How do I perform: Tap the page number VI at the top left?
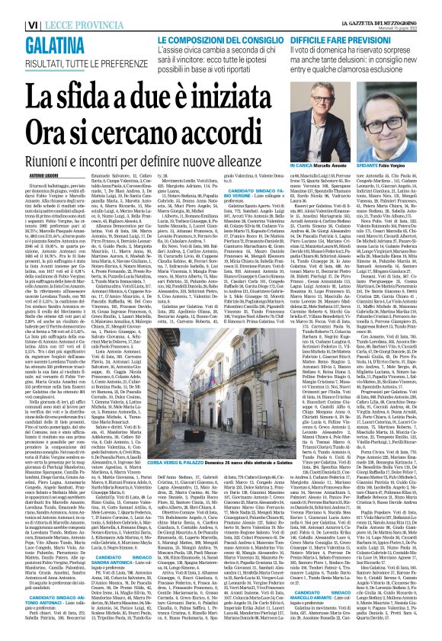[x=11, y=6]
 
